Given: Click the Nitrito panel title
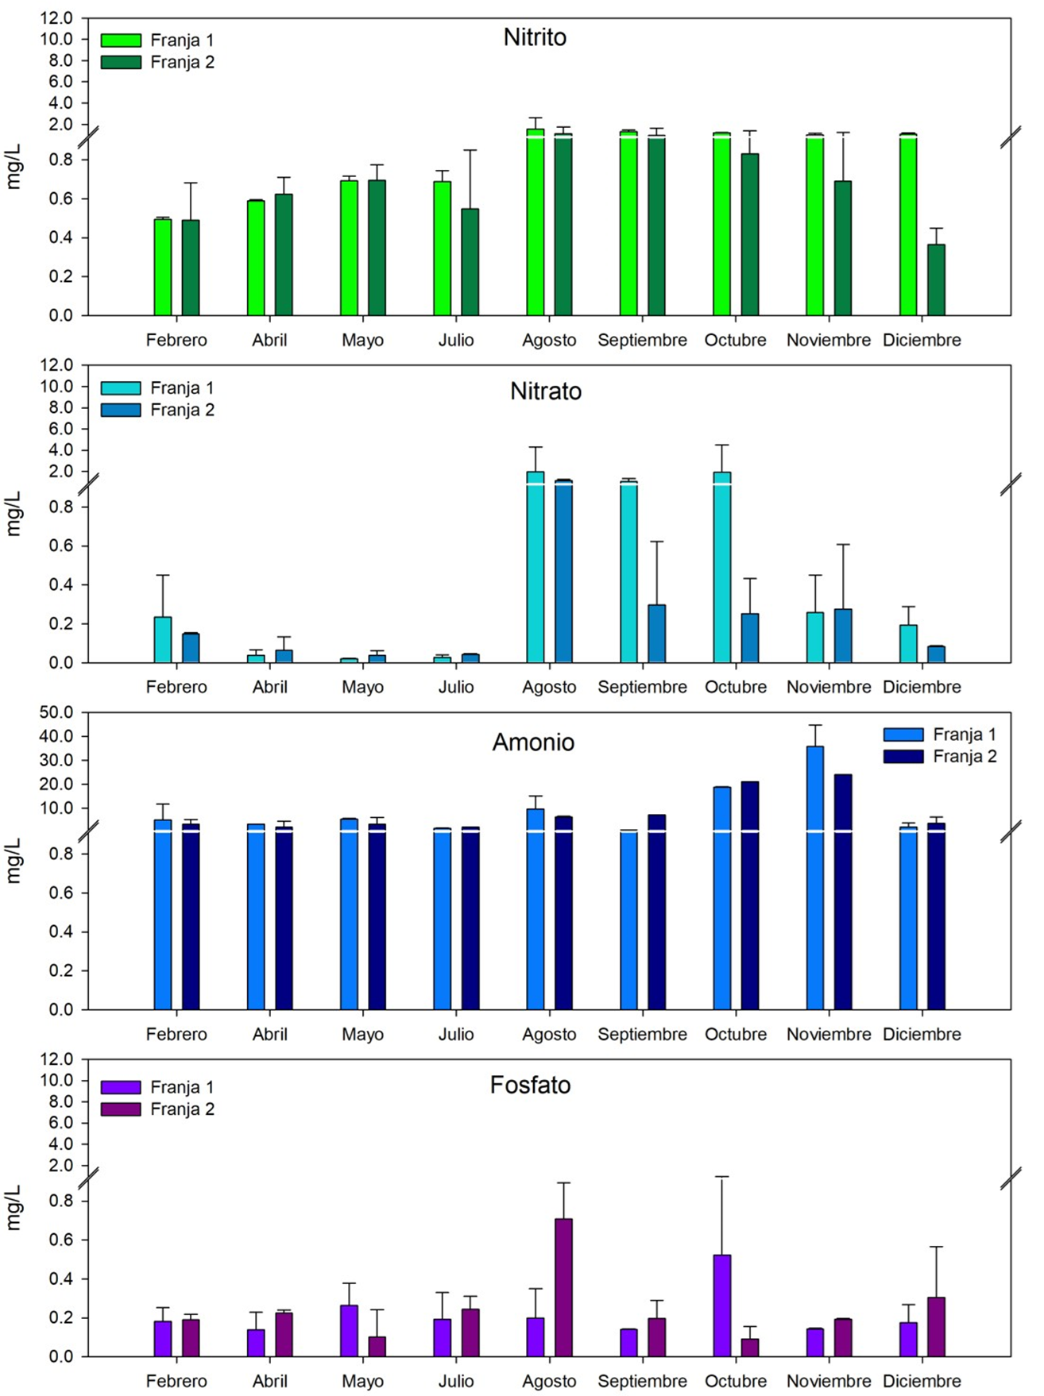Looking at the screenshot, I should coord(535,37).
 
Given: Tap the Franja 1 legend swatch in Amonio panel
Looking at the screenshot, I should coord(903,735).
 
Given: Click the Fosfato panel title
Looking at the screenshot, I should coord(530,1085).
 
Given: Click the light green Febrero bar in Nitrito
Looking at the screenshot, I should coord(163,267).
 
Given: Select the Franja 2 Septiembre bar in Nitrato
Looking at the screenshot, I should coord(657,634).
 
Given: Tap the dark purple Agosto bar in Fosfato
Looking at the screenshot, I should coord(563,1287).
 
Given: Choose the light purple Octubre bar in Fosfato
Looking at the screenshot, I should coord(722,1305).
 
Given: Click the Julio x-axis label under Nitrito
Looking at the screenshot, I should coord(456,340).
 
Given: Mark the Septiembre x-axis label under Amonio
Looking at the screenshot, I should coord(642,1034).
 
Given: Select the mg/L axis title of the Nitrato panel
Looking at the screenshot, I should coord(14,513).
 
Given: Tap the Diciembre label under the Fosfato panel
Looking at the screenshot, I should coord(922,1381).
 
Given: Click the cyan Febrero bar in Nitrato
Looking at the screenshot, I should coord(163,639).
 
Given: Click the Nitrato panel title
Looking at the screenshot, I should coord(546,391).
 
